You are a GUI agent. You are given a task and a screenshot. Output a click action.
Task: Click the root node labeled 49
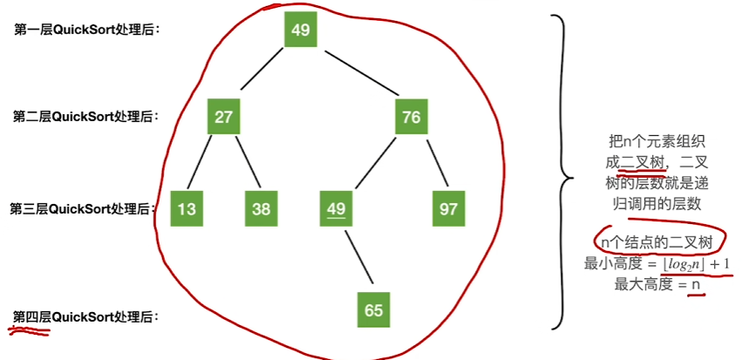click(x=300, y=31)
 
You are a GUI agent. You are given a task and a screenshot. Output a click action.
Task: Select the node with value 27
click(x=224, y=117)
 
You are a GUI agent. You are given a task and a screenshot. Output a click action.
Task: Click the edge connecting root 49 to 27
click(x=262, y=74)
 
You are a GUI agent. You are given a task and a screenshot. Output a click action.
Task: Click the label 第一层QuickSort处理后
click(x=88, y=30)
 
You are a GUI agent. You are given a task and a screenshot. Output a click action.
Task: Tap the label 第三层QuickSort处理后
click(x=84, y=209)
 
